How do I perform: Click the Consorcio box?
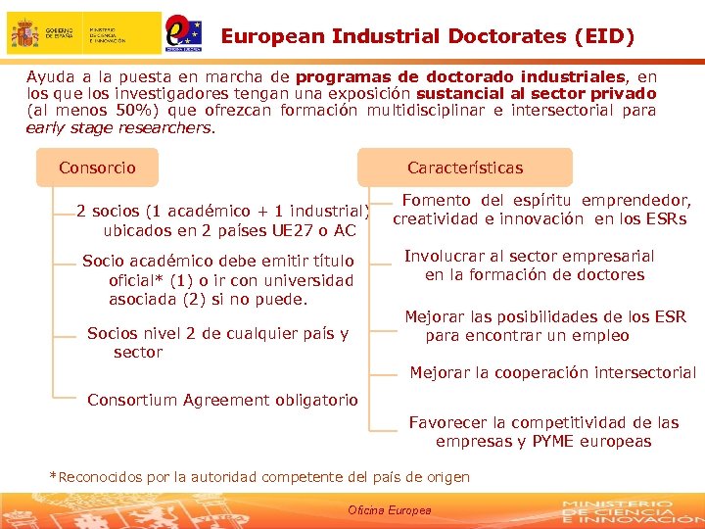click(x=97, y=168)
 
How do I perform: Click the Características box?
click(x=465, y=168)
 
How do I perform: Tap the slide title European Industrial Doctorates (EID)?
click(x=428, y=37)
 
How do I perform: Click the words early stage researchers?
click(x=118, y=127)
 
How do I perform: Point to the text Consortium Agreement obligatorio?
click(x=222, y=400)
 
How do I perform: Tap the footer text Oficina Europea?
click(x=389, y=510)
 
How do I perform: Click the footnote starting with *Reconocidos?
click(x=259, y=477)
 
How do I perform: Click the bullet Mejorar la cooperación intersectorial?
click(x=552, y=372)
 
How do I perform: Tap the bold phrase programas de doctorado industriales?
click(x=460, y=76)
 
